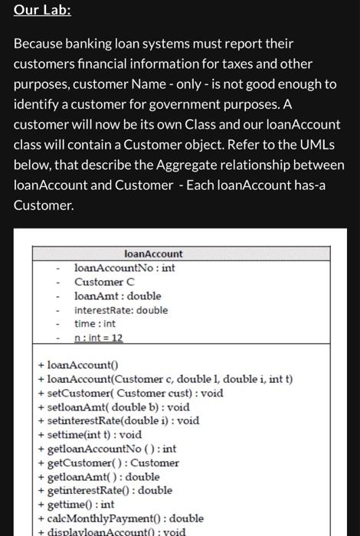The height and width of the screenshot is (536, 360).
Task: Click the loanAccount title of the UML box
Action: [x=153, y=253]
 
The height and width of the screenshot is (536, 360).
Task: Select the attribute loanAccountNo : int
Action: [x=124, y=268]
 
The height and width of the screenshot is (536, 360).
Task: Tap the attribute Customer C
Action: [x=104, y=282]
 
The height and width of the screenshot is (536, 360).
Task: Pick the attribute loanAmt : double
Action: [x=117, y=296]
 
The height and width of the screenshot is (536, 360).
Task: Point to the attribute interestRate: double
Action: [x=120, y=310]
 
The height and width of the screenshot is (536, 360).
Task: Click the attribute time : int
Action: [x=95, y=324]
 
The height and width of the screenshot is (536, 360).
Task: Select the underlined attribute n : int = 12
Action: [x=99, y=338]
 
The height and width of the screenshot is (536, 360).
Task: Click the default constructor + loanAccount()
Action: [x=77, y=365]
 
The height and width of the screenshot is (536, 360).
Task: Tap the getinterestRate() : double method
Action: [x=105, y=490]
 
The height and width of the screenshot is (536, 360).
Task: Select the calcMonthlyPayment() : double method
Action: [x=120, y=518]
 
